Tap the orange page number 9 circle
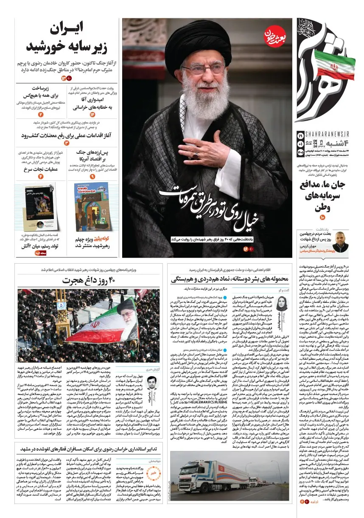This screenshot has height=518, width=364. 92,175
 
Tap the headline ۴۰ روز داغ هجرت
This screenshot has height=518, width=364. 89,281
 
